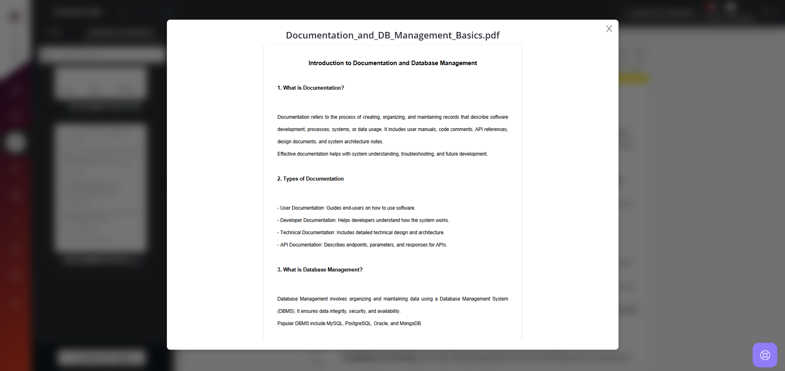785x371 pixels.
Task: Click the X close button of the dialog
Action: [609, 29]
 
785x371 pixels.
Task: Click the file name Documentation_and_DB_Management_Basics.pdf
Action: [393, 35]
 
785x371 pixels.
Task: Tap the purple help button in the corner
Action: [765, 355]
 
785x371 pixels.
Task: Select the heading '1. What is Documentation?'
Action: [310, 88]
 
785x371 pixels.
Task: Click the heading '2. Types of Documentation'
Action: [310, 179]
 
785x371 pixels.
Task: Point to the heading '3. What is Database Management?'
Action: [320, 270]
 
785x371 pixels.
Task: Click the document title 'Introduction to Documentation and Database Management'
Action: [393, 63]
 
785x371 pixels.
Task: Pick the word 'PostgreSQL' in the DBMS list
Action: [358, 323]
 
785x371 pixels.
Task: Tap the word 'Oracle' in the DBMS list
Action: [380, 323]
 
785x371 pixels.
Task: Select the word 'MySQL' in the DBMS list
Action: [334, 323]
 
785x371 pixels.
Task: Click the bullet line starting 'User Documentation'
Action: [346, 208]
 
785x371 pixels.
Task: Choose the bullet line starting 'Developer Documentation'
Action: [363, 220]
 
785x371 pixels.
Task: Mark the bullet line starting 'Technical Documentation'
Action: [361, 233]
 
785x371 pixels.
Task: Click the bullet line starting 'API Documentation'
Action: [362, 245]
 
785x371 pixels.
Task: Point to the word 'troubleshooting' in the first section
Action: [417, 154]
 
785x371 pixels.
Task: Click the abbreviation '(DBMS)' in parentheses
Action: [286, 311]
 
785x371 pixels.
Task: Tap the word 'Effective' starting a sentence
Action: [286, 154]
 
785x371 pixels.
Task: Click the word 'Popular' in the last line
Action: [286, 323]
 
